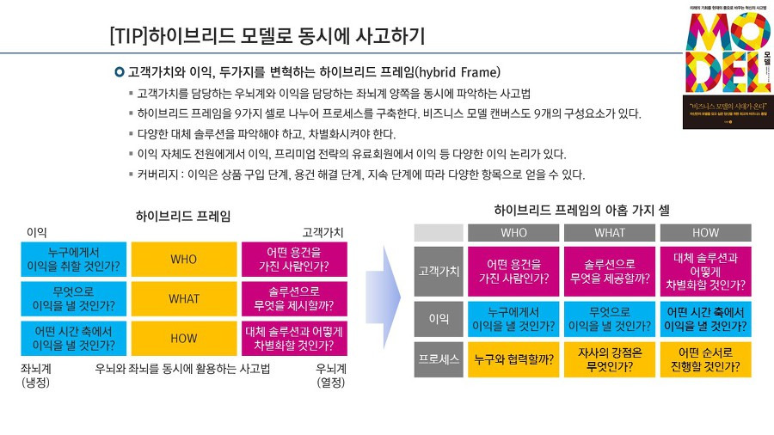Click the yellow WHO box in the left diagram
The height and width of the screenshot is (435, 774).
[184, 259]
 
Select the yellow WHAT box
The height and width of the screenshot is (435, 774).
[184, 298]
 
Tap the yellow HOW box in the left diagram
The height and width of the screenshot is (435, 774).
[184, 338]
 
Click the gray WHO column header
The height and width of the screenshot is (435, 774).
[513, 233]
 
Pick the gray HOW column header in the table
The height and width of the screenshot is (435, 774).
[705, 233]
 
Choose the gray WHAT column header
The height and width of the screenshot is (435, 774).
[610, 233]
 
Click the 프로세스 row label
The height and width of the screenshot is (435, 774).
[439, 359]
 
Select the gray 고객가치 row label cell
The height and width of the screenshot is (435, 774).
[439, 270]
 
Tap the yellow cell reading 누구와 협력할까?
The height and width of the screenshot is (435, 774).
[513, 359]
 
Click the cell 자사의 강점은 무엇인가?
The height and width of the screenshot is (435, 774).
[610, 359]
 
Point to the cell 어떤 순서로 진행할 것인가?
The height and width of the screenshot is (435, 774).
[705, 359]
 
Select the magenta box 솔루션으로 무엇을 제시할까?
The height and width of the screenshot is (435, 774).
[294, 298]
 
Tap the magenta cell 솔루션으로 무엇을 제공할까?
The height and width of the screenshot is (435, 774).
[610, 270]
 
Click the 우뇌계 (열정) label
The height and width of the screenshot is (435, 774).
[331, 375]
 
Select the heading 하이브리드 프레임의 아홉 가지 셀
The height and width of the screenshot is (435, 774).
[581, 209]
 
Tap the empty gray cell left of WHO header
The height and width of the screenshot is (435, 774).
[439, 233]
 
